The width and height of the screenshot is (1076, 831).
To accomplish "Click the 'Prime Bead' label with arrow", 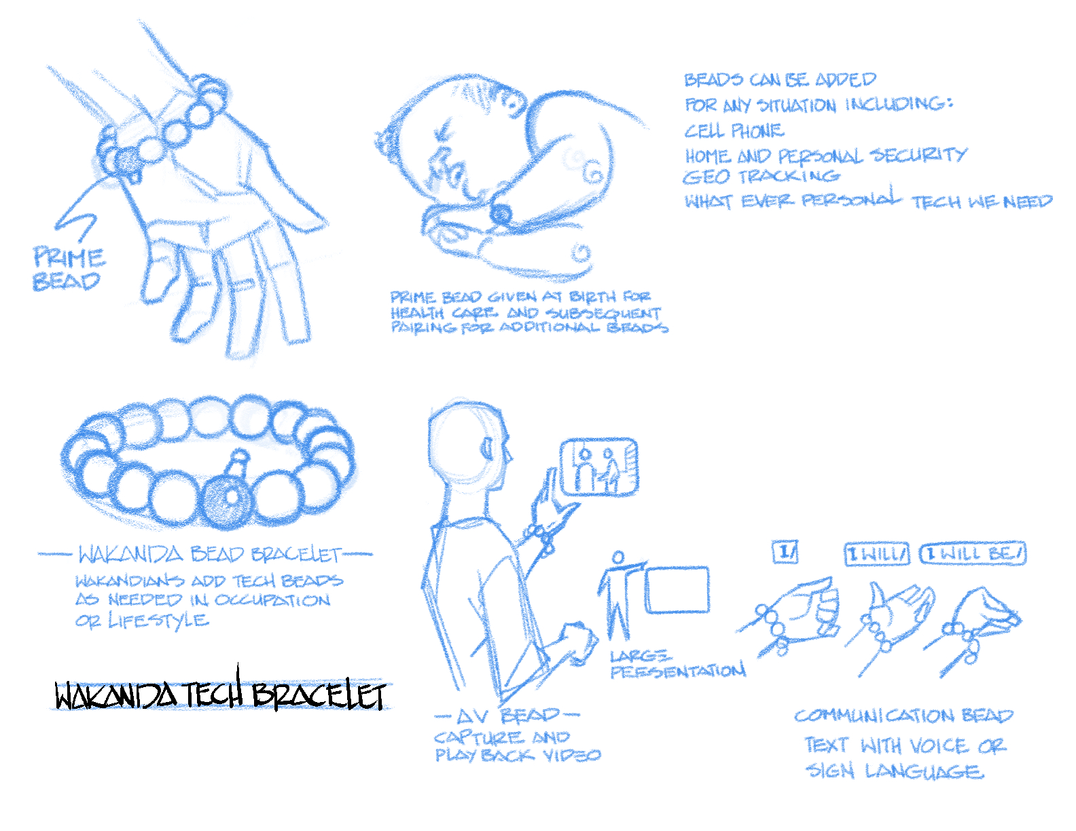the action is [69, 268].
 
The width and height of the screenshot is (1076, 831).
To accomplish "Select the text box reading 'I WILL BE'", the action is [973, 554].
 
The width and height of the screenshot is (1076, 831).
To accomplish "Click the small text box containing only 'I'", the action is [785, 552].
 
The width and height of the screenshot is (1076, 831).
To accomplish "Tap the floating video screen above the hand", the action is [599, 466].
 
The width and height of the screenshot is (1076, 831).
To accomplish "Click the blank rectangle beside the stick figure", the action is [677, 590].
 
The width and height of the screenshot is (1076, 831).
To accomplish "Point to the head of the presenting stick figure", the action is [617, 557].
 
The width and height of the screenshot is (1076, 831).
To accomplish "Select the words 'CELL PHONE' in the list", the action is [734, 130].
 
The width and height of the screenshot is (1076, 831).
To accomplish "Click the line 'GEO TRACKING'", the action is [761, 177].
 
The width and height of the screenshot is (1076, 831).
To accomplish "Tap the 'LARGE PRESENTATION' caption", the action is [677, 665].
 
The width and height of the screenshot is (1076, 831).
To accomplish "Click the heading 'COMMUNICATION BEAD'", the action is [903, 715].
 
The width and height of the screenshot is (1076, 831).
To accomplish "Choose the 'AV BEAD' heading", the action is [507, 716].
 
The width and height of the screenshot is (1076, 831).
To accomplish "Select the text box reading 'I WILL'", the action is [877, 554].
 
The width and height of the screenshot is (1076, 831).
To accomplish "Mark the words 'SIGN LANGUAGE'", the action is [894, 771].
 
